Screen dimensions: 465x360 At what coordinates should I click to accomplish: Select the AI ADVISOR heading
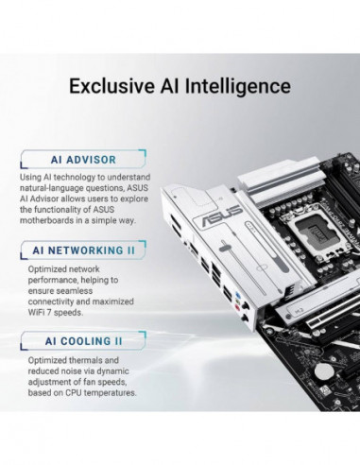point(83,159)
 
